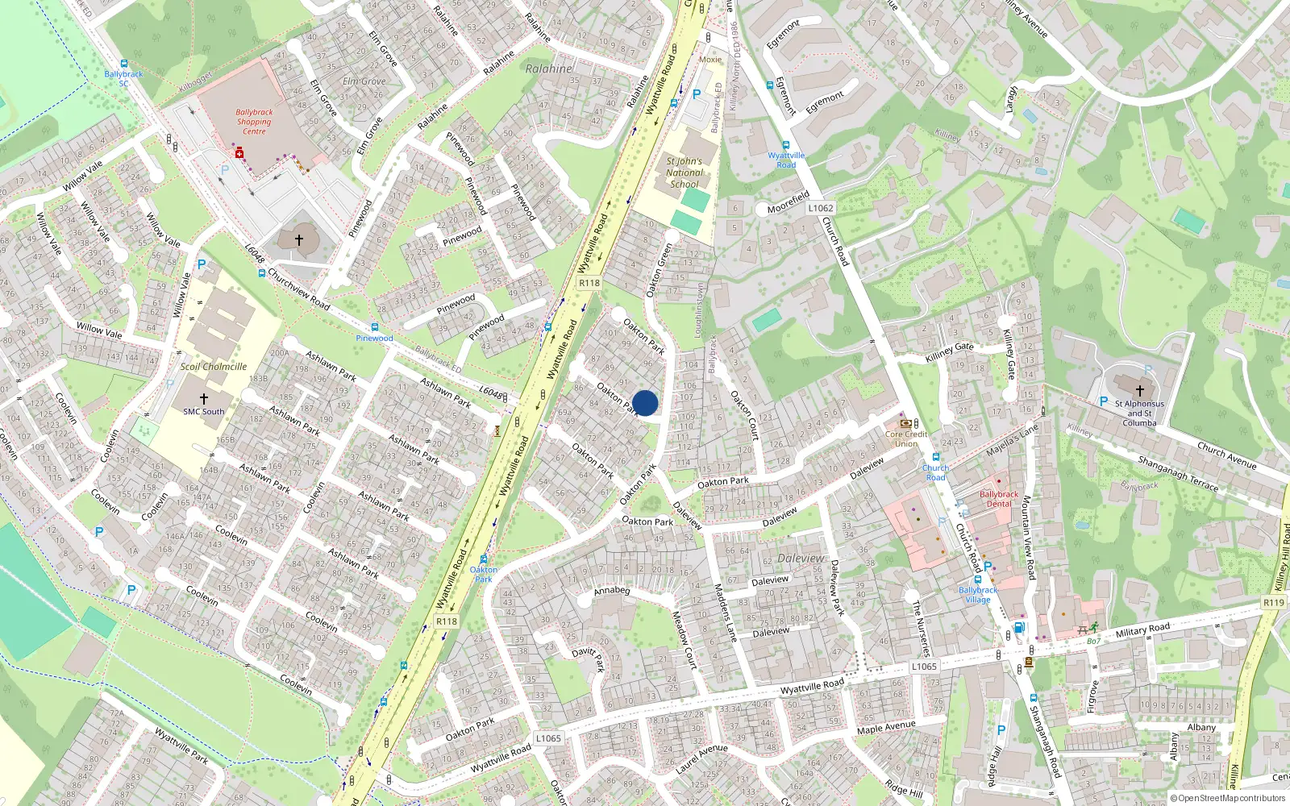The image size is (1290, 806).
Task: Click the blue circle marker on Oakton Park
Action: click(x=645, y=403)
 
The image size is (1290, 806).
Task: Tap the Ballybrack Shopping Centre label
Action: click(x=254, y=122)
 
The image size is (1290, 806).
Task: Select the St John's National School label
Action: click(x=685, y=172)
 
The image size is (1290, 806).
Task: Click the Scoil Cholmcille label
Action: click(x=214, y=367)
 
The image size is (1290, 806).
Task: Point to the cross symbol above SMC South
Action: click(x=204, y=399)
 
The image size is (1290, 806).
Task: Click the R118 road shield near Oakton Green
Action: click(x=589, y=283)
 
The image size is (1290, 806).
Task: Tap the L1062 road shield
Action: click(x=821, y=208)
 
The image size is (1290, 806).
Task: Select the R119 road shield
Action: click(x=1274, y=603)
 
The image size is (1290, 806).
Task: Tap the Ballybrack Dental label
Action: click(x=999, y=499)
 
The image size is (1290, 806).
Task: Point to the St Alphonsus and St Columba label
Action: click(x=1139, y=413)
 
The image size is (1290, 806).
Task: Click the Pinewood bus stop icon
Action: click(x=374, y=327)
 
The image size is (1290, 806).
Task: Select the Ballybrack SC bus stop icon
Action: click(x=124, y=64)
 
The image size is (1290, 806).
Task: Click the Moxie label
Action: click(x=710, y=60)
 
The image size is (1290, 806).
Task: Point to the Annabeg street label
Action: click(x=612, y=591)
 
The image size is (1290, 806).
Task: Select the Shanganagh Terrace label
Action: click(x=1178, y=473)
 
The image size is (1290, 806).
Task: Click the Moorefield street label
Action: click(x=788, y=202)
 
